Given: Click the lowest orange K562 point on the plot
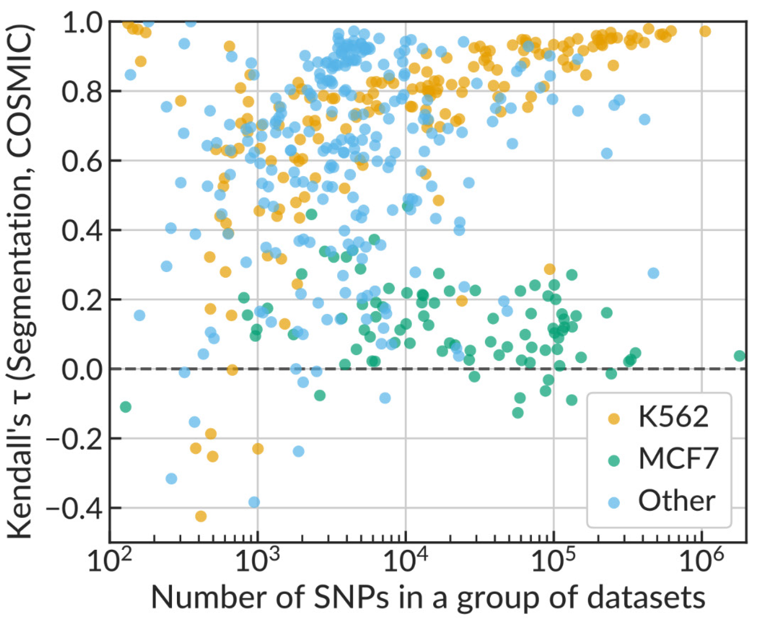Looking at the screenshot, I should [x=201, y=516].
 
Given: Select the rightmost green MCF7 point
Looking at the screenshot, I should [x=740, y=356].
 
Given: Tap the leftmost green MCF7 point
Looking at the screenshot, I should [x=125, y=407].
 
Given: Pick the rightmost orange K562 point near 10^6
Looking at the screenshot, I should [x=705, y=31].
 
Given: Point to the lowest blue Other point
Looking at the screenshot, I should [x=254, y=502].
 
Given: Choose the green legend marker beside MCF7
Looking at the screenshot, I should [x=614, y=460].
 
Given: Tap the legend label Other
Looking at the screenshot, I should [x=676, y=501].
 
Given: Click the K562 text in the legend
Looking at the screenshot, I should [x=673, y=417].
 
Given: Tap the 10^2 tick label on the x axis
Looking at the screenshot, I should [x=109, y=561].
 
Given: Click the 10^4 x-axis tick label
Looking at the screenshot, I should [x=405, y=561].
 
